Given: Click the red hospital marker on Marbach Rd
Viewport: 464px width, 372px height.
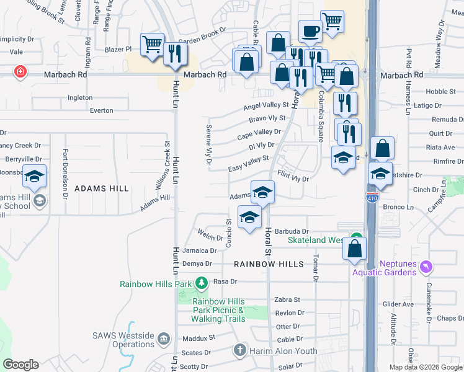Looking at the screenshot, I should pos(20,72).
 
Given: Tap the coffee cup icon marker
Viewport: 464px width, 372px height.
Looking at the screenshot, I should pos(310,31).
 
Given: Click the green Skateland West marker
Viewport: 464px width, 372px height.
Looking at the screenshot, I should pos(356,238).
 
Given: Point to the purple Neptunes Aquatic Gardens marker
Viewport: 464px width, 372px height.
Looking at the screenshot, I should pos(426,268).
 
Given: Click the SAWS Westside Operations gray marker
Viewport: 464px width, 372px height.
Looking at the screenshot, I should pos(164,339).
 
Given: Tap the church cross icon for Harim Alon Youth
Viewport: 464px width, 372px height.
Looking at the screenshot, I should pos(239,350).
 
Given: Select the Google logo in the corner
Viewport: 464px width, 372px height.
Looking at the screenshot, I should pos(20,365).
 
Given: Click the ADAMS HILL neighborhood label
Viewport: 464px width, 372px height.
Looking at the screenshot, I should pos(102,188).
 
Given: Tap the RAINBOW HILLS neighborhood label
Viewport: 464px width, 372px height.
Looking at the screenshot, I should pos(269,264).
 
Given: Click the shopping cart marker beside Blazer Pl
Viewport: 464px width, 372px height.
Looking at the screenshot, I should pos(153,45).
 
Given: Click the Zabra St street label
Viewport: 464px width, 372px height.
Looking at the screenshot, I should pos(287,299).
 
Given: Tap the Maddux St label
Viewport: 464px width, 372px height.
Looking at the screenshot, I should pos(199,339).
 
